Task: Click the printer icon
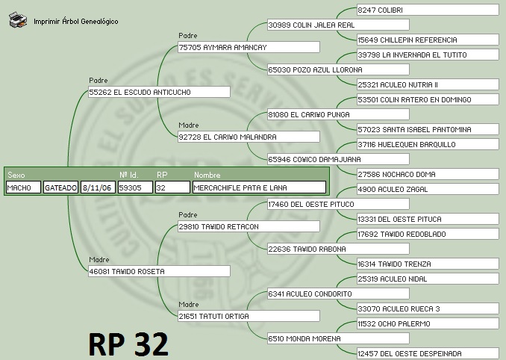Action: coord(19,20)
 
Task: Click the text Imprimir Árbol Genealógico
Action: coord(75,21)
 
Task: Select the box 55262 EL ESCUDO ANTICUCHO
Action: coord(158,92)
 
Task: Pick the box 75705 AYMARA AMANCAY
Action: coord(249,47)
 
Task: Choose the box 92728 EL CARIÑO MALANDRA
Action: coord(249,137)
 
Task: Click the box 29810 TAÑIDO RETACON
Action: coord(249,226)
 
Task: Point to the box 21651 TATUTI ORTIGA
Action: coord(249,316)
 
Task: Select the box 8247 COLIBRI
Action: coord(427,10)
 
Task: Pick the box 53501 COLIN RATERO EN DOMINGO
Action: coord(427,99)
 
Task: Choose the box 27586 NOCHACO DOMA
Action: coord(427,174)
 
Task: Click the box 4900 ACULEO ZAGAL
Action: coord(427,189)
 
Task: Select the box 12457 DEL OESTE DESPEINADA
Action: coord(427,353)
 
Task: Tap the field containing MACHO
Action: coord(23,187)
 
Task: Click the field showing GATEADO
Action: coord(60,187)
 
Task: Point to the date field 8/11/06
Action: coord(98,187)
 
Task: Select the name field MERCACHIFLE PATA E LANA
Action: coord(258,187)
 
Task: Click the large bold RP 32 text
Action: coord(128,343)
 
